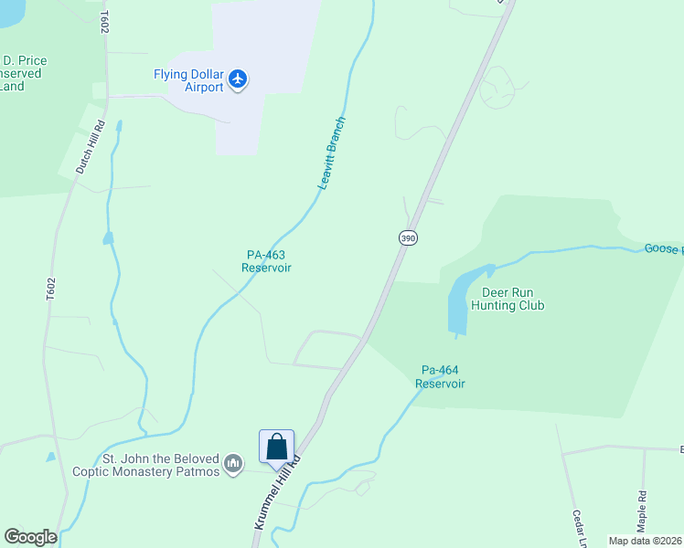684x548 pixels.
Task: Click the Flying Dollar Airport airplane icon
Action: point(239,79)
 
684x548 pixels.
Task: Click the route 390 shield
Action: point(408,237)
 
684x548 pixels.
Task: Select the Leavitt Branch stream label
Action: point(332,153)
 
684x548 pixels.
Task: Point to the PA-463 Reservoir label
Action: point(267,261)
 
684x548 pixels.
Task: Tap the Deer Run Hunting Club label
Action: point(507,299)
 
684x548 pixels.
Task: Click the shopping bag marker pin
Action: point(276,448)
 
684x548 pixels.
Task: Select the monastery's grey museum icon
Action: point(234,464)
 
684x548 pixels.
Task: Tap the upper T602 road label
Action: point(105,24)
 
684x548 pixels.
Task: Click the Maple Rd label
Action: point(642,511)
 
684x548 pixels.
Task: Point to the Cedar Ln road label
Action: point(580,527)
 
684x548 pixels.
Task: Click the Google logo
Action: point(30,537)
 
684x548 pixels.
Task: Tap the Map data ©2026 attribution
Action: point(644,541)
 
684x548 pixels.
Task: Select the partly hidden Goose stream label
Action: point(663,248)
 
